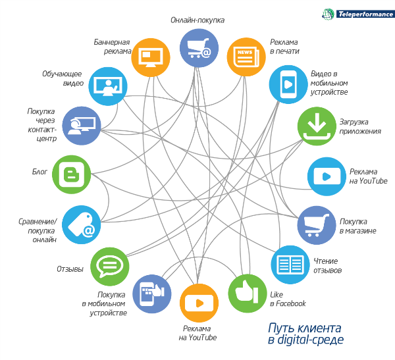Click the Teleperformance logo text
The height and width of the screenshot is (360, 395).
pyautogui.click(x=365, y=14)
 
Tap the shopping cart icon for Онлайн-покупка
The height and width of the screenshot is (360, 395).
pyautogui.click(x=199, y=48)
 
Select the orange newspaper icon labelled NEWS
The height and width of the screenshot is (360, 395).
pyautogui.click(x=246, y=57)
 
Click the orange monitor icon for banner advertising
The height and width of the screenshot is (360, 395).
pyautogui.click(x=151, y=57)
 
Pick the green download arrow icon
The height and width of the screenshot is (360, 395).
pyautogui.click(x=317, y=126)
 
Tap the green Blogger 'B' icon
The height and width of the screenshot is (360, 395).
pyautogui.click(x=72, y=174)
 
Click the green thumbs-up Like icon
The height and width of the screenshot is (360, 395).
pyautogui.click(x=248, y=294)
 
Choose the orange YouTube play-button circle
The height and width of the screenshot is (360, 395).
pyautogui.click(x=199, y=303)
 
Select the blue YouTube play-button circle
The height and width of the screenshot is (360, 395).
pyautogui.click(x=327, y=176)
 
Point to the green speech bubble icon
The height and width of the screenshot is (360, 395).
pyautogui.click(x=109, y=267)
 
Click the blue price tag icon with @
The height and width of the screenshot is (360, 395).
pyautogui.click(x=82, y=224)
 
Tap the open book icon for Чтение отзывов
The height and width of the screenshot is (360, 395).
pyautogui.click(x=290, y=265)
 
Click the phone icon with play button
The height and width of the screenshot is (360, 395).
pyautogui.click(x=288, y=84)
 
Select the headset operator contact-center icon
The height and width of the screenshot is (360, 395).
pyautogui.click(x=82, y=126)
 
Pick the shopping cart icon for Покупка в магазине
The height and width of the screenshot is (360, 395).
pyautogui.click(x=317, y=225)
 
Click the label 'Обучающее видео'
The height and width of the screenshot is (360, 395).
pyautogui.click(x=63, y=78)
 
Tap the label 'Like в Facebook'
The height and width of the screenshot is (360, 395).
pyautogui.click(x=288, y=299)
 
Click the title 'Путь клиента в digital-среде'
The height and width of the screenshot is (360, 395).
pyautogui.click(x=305, y=333)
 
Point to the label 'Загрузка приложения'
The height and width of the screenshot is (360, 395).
pyautogui.click(x=360, y=126)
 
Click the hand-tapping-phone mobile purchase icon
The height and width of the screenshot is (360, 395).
pyautogui.click(x=152, y=294)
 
